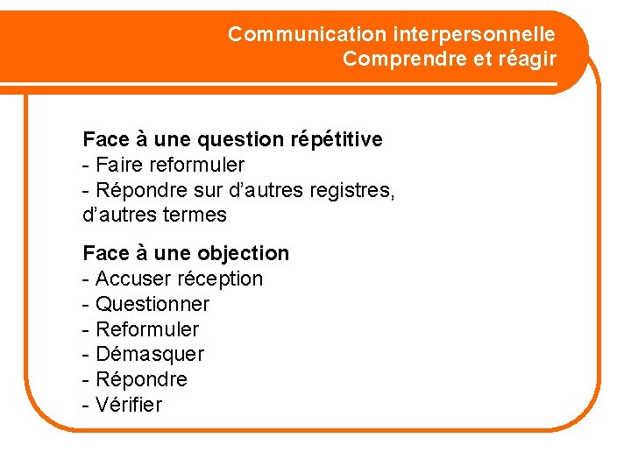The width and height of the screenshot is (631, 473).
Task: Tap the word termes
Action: (x=193, y=215)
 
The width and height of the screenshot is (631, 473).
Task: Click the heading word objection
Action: (x=243, y=253)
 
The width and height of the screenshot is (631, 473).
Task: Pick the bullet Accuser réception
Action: (x=172, y=279)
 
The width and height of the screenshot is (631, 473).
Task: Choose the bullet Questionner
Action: (x=152, y=304)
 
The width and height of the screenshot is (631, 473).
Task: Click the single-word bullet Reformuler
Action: (x=147, y=329)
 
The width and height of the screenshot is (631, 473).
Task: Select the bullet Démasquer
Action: (x=149, y=355)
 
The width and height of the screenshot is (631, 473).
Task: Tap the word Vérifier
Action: (x=129, y=405)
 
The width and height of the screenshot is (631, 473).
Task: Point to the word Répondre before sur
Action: (x=138, y=190)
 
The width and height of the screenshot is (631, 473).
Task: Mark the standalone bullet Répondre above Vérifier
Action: (x=141, y=379)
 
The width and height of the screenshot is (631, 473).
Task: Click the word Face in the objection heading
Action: (x=104, y=253)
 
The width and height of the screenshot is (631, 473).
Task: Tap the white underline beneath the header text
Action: (x=351, y=85)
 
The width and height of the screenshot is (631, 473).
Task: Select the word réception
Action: (x=220, y=279)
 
